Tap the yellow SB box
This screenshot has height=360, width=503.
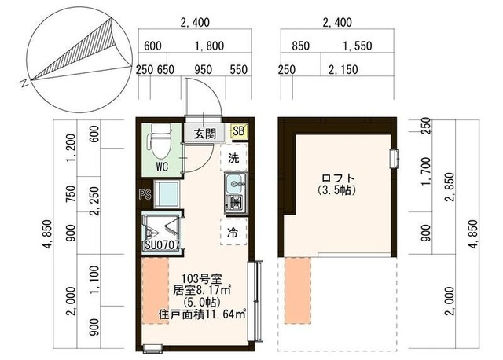coord(239,131)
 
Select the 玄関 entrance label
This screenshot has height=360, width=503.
coord(204,134)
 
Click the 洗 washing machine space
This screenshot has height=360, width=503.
coord(233,157)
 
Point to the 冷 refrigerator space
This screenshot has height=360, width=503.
coord(233,233)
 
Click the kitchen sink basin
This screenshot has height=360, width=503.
coord(236,184)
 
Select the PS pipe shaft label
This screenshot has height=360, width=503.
coord(145,194)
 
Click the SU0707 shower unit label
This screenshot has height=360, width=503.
coord(162,245)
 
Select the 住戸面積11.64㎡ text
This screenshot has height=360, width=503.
coord(203,314)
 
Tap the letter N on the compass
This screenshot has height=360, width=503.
coord(24,84)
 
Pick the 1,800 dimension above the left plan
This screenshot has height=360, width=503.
coord(210,46)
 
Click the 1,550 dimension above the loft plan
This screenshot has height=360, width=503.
coord(358,46)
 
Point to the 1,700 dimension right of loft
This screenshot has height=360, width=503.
coord(426,171)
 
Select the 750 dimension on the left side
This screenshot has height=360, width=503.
coord(71,194)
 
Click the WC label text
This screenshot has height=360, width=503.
coord(162,167)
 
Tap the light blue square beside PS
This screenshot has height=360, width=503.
coord(167,194)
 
